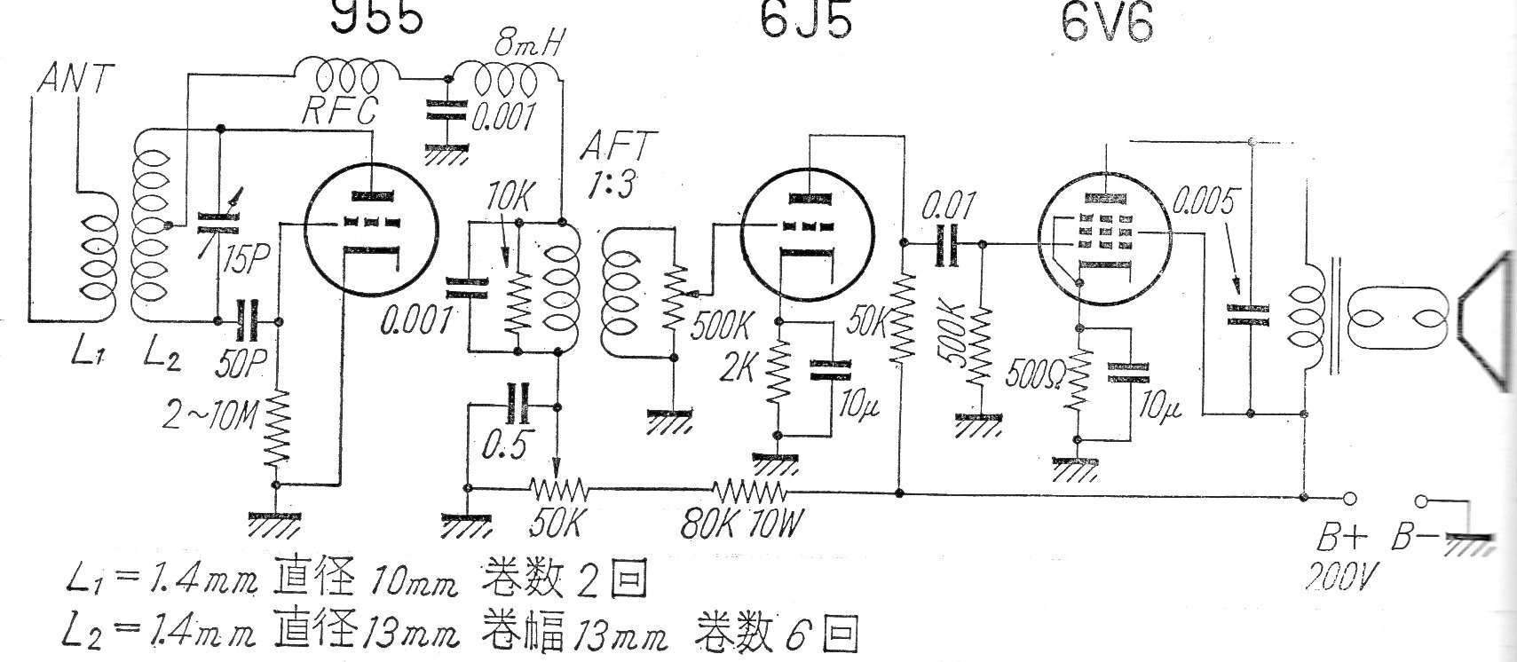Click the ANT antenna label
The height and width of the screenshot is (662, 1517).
click(76, 80)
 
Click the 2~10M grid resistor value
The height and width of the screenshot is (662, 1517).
click(216, 414)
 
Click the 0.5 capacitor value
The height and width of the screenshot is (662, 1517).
click(505, 444)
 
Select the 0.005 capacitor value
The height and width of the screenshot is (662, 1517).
click(1205, 203)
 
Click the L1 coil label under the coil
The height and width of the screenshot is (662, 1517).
click(88, 355)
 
